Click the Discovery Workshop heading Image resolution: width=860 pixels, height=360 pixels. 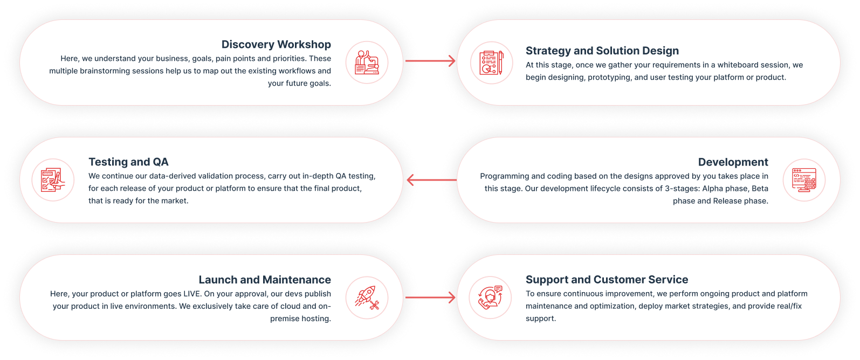point(276,45)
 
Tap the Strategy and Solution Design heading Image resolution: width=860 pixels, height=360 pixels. point(602,51)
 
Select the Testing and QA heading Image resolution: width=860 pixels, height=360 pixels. point(128,162)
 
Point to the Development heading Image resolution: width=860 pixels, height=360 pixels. point(733,162)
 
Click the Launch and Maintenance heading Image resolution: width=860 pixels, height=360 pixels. point(265,280)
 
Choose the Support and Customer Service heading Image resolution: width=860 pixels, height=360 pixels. point(607,280)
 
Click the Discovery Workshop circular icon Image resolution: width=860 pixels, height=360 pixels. point(367,63)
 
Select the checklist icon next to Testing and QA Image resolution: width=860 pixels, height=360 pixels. point(53,180)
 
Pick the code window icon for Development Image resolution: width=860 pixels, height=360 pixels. point(804,180)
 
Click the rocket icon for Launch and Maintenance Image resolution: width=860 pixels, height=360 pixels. point(367,297)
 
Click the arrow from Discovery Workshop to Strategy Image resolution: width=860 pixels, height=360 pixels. point(430,61)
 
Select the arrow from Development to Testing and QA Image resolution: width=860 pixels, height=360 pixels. point(431,180)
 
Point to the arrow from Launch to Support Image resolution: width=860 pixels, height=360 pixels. point(430,297)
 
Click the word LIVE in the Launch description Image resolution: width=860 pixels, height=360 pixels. point(192,294)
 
